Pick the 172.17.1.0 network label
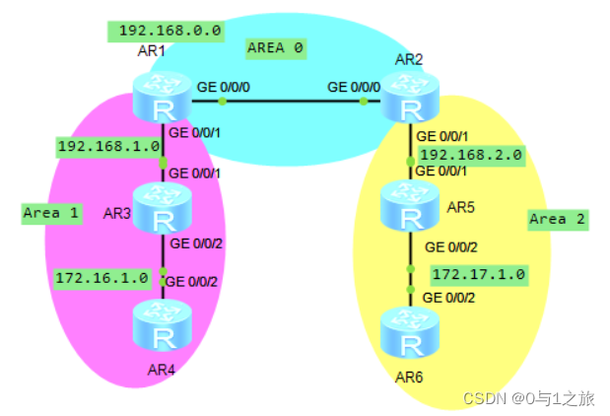tap(478, 273)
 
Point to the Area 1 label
tap(50, 212)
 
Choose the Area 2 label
tap(557, 219)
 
